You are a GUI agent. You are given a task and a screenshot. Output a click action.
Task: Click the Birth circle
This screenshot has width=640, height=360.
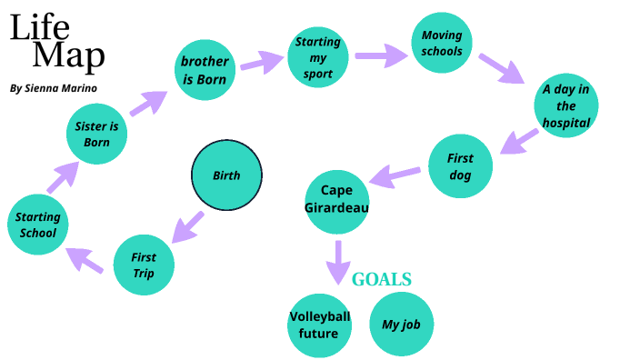226,175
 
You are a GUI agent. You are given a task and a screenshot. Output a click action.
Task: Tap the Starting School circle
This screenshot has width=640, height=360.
37,225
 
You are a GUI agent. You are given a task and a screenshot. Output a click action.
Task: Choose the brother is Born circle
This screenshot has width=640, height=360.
205,70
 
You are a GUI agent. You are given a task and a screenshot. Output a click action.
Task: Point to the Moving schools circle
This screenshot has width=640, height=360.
442,44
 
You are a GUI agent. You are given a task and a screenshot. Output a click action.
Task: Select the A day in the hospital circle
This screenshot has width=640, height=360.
566,105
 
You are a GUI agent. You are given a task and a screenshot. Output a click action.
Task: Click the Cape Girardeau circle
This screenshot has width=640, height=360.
336,198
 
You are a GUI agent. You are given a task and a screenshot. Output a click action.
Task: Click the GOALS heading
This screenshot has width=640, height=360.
382,279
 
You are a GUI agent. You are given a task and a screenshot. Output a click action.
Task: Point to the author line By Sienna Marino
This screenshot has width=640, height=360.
53,88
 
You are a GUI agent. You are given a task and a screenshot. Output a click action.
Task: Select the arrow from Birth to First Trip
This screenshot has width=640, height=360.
188,226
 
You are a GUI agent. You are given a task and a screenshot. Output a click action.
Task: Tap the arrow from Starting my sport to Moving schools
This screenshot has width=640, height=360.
382,56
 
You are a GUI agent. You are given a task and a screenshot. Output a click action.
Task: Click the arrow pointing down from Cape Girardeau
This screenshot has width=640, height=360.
338,261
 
